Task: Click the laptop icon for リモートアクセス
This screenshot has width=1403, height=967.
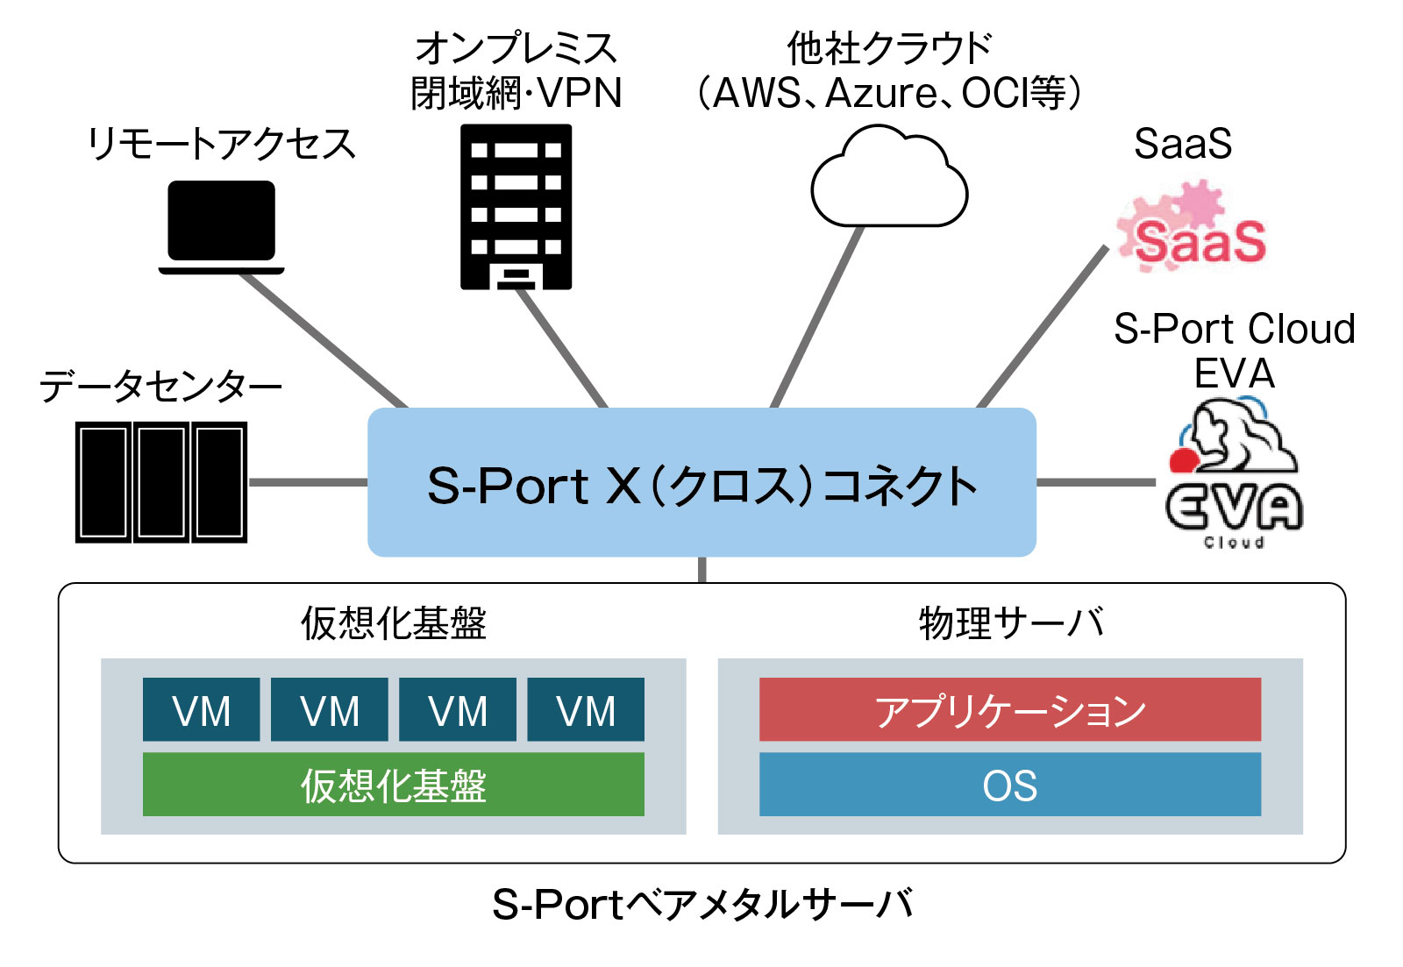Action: pos(222,226)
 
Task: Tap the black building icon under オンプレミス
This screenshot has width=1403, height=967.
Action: pos(516,206)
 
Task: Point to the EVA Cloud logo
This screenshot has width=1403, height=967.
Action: pos(1234,473)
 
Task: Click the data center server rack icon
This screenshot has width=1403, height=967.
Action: pos(160,482)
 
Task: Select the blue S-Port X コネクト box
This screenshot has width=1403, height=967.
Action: pos(701,482)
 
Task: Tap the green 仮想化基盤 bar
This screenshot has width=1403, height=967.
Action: pos(393,785)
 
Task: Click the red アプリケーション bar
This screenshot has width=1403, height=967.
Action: pos(1009,709)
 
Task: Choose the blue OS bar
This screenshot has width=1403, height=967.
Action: pos(1009,785)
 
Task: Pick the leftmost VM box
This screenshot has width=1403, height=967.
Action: pos(201,709)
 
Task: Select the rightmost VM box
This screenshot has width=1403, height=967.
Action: pos(586,709)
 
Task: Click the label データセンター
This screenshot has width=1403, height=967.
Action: pos(160,386)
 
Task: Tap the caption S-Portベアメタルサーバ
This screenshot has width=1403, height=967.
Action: pos(701,904)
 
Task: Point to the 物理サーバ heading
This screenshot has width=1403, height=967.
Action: pos(1010,623)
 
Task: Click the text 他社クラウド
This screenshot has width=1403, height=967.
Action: pos(888,48)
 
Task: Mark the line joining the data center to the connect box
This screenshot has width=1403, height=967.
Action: pos(308,482)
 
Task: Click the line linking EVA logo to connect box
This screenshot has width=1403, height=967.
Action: pos(1096,482)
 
